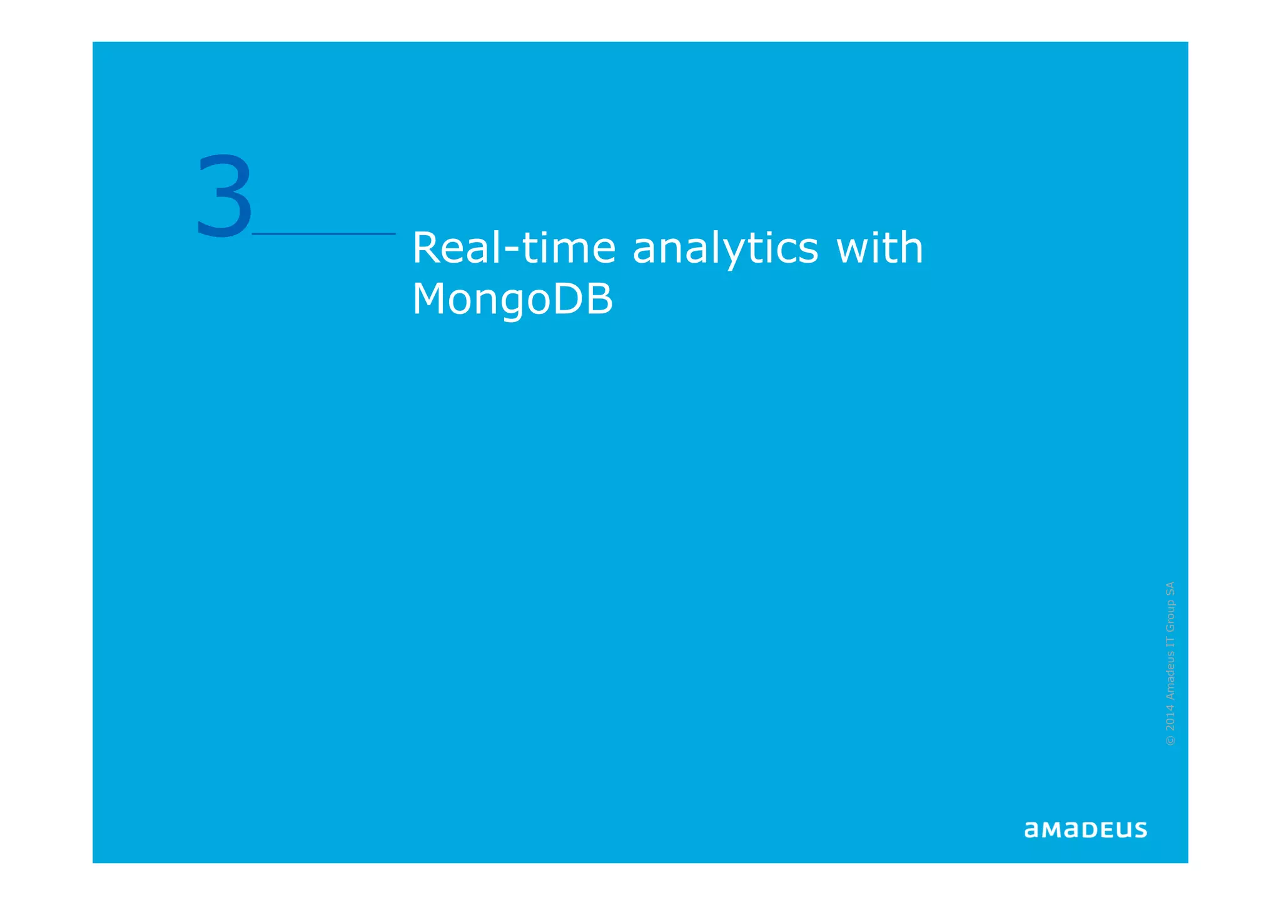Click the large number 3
225,196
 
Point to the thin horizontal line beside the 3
323,234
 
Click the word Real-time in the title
514,248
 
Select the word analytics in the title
725,249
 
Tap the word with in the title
879,248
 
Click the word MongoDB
512,300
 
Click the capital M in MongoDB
432,298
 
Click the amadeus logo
1085,830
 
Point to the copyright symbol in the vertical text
1170,741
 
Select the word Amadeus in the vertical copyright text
1170,676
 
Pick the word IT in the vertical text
1170,642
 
